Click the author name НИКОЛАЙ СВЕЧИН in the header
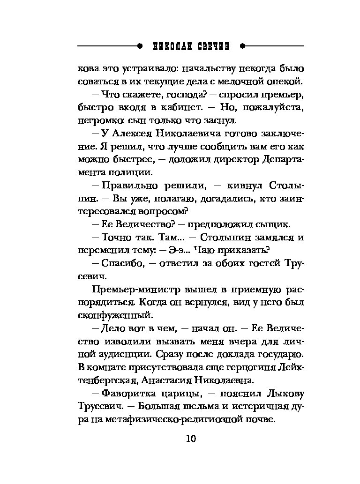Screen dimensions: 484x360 point(191,46)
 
